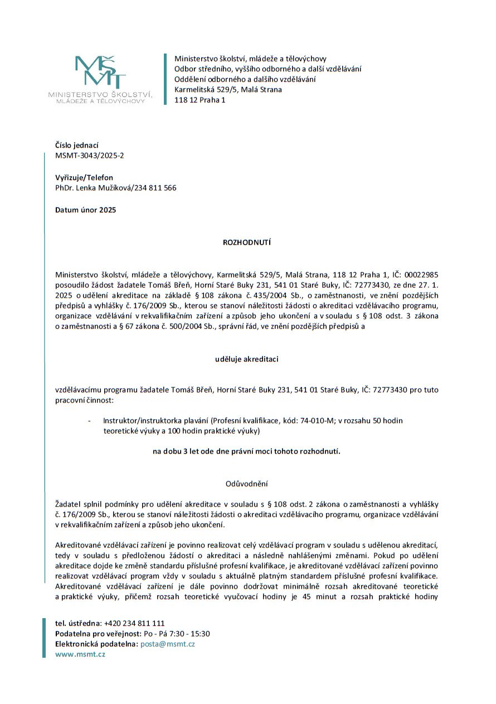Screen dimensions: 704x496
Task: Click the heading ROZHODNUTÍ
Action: click(246, 243)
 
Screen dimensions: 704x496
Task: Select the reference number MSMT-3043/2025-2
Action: click(90, 156)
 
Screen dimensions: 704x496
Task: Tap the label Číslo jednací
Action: click(77, 145)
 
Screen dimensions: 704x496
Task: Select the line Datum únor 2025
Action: click(86, 210)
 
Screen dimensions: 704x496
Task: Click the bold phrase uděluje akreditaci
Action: click(246, 359)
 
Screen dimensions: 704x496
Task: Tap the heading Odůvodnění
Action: click(246, 483)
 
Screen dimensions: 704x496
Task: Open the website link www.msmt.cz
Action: click(80, 654)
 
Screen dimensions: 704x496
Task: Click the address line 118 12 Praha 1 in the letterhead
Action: click(200, 100)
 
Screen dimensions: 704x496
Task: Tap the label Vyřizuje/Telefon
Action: click(84, 178)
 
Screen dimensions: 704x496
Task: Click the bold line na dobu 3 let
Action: click(246, 451)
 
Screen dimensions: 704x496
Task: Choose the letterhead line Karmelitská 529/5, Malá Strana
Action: click(228, 90)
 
